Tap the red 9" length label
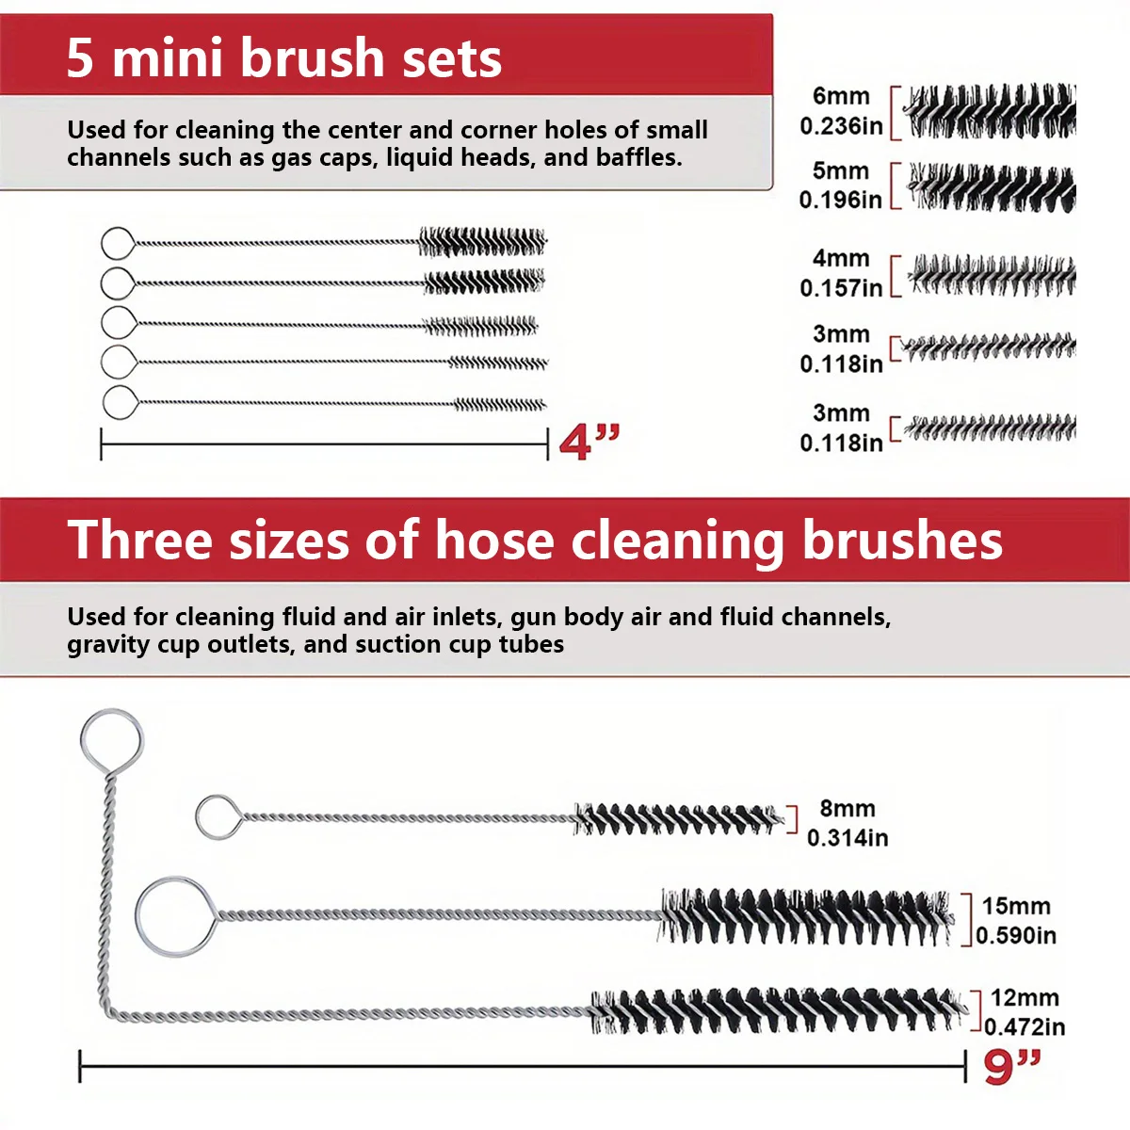[x=1012, y=1067]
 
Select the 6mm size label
[x=841, y=96]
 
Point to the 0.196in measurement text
[x=840, y=200]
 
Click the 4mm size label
[x=841, y=258]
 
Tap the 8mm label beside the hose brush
[x=847, y=808]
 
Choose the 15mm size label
[x=1016, y=906]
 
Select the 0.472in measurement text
[x=1025, y=1026]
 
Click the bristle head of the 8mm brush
[x=678, y=818]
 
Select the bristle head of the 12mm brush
[x=777, y=1010]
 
